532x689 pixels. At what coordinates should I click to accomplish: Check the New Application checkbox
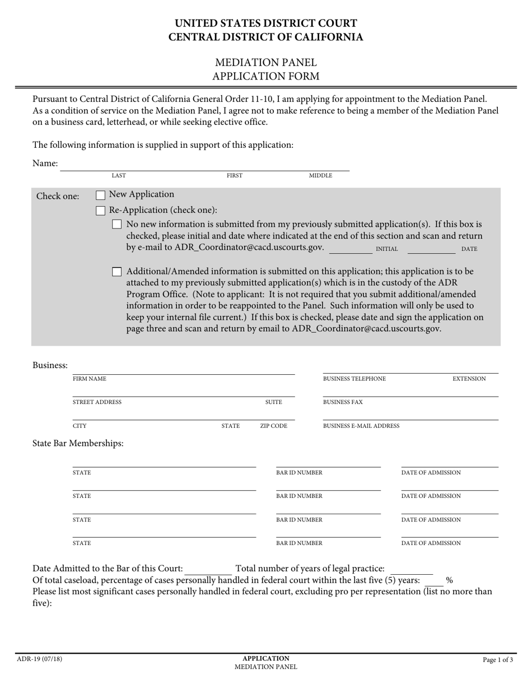[101, 195]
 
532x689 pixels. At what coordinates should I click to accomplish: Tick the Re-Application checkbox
[101, 211]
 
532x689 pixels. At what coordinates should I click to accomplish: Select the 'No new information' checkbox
[116, 225]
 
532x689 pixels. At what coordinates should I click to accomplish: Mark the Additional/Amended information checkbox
[116, 272]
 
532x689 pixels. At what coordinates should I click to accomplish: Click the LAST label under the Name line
[119, 176]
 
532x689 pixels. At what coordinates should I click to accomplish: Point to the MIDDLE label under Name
[320, 176]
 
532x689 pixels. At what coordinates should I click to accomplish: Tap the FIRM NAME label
[90, 379]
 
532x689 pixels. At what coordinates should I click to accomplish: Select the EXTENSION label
[469, 379]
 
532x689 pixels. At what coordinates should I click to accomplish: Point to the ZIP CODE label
[273, 426]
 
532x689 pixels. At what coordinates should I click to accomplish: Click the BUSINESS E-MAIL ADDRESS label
[361, 426]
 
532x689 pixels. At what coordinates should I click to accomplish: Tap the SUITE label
[273, 402]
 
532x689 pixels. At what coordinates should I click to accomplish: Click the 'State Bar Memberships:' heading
[78, 444]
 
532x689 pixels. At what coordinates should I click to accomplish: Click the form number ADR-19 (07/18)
[40, 659]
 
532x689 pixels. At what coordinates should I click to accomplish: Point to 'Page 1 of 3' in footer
[498, 660]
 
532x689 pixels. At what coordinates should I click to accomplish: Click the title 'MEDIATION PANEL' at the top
[266, 62]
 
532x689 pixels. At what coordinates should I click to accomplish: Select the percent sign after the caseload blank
[449, 581]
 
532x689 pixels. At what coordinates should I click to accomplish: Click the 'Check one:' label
[58, 197]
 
